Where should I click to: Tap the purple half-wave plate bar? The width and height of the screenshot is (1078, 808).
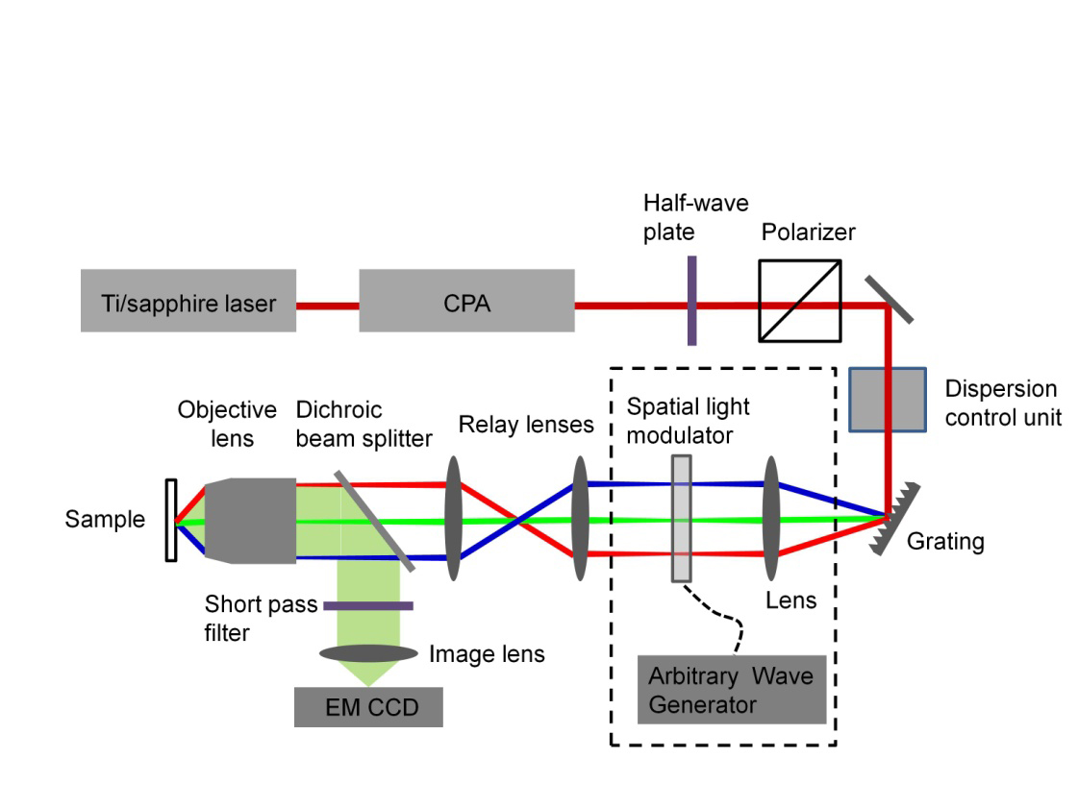(x=691, y=300)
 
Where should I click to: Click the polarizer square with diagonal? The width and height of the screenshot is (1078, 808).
(x=800, y=300)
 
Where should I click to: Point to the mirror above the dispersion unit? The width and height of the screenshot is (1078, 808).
(x=889, y=298)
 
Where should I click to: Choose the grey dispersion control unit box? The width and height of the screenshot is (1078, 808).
(x=888, y=399)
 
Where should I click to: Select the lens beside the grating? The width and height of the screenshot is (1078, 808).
(x=770, y=519)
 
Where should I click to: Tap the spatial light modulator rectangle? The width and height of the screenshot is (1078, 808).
(x=681, y=519)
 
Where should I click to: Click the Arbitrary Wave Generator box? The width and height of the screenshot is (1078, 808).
(x=731, y=690)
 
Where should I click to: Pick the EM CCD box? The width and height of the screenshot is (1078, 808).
(x=368, y=708)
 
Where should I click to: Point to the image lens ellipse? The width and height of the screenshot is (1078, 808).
(x=368, y=653)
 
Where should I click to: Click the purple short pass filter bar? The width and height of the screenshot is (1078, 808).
(x=368, y=605)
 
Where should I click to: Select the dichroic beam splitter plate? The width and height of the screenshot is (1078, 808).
(x=375, y=520)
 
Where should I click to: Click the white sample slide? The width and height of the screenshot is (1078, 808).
(x=170, y=520)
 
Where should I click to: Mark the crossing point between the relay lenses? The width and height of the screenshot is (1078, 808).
(x=517, y=522)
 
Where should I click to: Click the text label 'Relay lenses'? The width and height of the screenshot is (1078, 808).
(x=524, y=425)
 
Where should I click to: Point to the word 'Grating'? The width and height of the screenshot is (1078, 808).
(x=945, y=542)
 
